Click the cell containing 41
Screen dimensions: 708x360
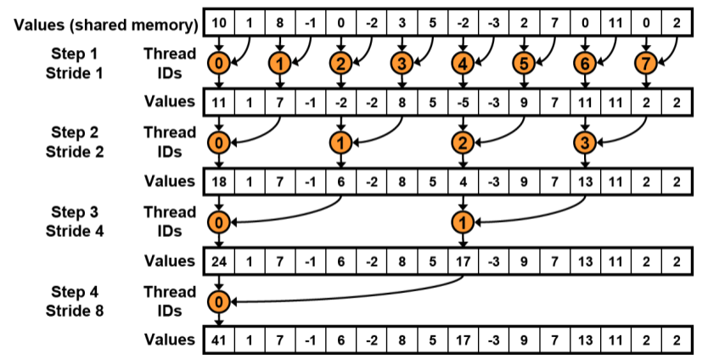click(219, 340)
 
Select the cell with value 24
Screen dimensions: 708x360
click(219, 261)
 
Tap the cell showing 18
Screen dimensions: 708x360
click(219, 181)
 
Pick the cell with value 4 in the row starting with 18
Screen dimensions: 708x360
click(463, 181)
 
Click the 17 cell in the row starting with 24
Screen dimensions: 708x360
click(463, 261)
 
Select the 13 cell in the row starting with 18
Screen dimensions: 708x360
click(584, 181)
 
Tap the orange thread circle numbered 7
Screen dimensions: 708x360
click(645, 61)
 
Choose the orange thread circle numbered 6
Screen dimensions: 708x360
click(584, 61)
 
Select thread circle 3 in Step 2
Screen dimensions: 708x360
click(584, 141)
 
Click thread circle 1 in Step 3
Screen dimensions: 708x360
click(463, 221)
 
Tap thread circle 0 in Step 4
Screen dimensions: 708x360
click(219, 301)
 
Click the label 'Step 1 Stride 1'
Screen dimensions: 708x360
click(75, 61)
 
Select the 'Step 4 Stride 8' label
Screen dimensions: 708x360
click(75, 301)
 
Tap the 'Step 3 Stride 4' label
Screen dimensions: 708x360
click(75, 221)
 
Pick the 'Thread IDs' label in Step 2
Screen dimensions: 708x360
click(170, 141)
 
